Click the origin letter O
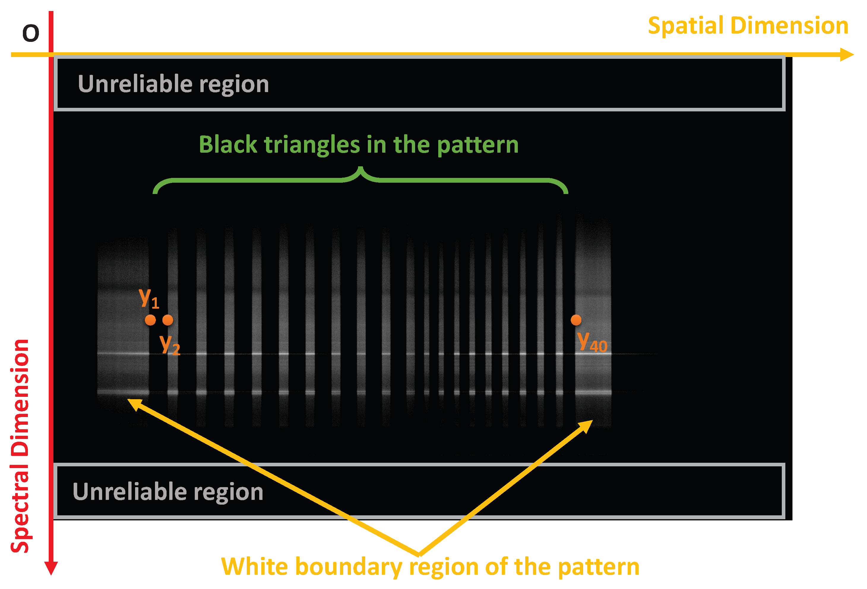tap(31, 33)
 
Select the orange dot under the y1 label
tap(150, 320)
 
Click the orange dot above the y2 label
tap(168, 320)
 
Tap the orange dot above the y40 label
tap(576, 320)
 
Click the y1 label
tap(149, 298)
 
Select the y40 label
tap(592, 342)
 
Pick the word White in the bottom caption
tap(255, 567)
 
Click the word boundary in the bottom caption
tap(349, 567)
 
